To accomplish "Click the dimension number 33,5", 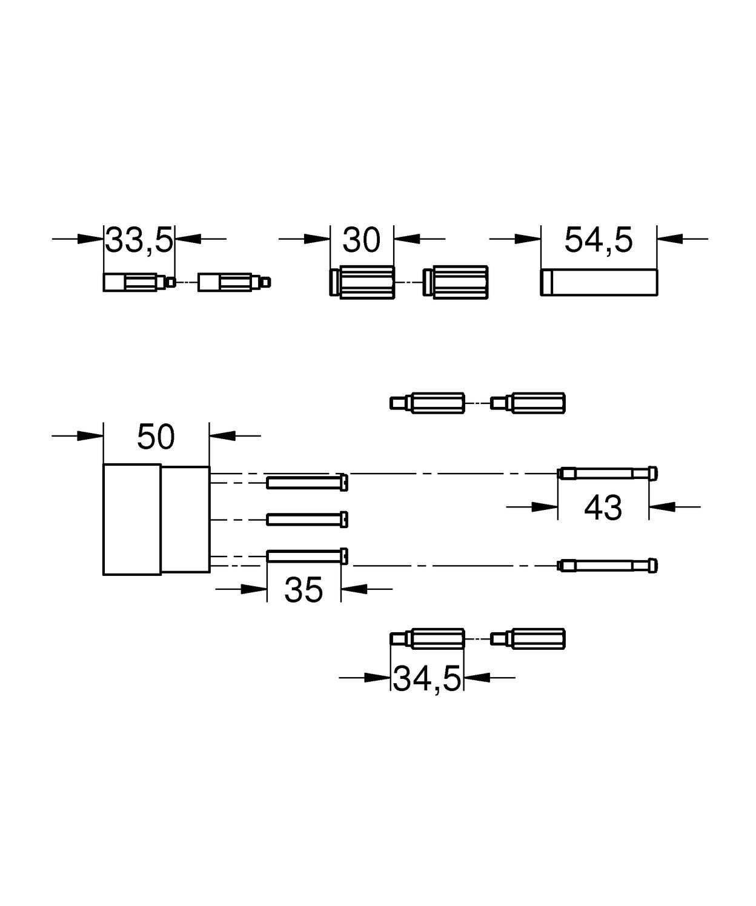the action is pos(139,239).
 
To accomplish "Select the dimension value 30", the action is pos(362,239).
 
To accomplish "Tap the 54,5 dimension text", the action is pos(598,239).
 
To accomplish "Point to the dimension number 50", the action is pos(156,437).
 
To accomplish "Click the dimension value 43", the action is pos(603,508).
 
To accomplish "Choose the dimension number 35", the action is pos(303,590).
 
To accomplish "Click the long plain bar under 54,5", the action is pos(599,282).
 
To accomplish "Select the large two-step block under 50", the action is pos(156,520).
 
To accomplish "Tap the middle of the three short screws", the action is pos(307,520).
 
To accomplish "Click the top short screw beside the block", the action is pos(307,483).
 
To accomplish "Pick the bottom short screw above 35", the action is pos(307,557).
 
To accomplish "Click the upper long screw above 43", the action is pos(607,473).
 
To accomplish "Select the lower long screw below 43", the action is pos(607,566).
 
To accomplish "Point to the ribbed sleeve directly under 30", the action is pos(362,282).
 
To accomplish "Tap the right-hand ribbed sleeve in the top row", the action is pos(456,282).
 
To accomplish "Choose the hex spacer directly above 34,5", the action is pos(427,639).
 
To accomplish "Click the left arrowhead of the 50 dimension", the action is pos(90,435).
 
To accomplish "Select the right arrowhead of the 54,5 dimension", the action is pos(670,239).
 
